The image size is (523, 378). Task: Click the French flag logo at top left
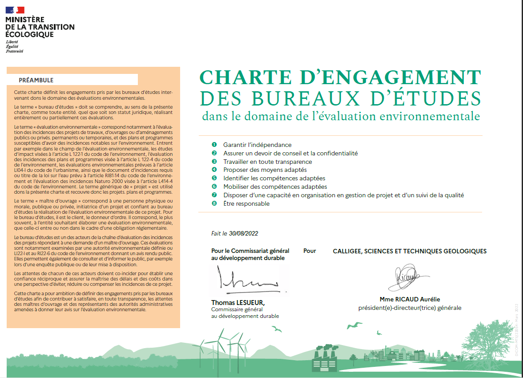pyautogui.click(x=15, y=10)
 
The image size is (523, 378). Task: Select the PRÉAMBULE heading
pyautogui.click(x=36, y=80)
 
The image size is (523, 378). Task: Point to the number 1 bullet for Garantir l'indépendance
pyautogui.click(x=214, y=145)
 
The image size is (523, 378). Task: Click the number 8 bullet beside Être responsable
pyautogui.click(x=214, y=203)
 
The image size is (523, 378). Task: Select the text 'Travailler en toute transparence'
pyautogui.click(x=268, y=162)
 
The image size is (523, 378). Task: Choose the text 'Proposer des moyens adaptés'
pyautogui.click(x=265, y=170)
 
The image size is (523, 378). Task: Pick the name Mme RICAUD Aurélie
pyautogui.click(x=410, y=299)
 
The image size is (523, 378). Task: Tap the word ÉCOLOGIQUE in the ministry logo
pyautogui.click(x=29, y=34)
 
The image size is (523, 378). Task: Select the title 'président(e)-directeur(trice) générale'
pyautogui.click(x=410, y=308)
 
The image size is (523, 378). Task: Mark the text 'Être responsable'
pyautogui.click(x=246, y=203)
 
